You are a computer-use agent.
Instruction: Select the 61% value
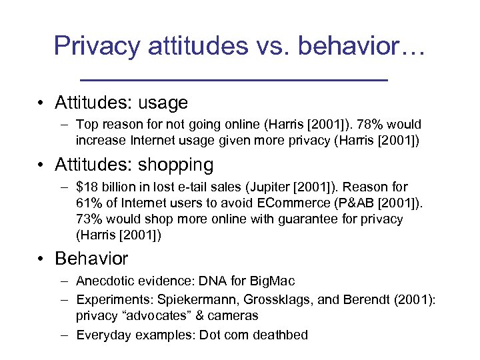[88, 203]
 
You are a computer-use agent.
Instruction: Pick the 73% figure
[88, 219]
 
